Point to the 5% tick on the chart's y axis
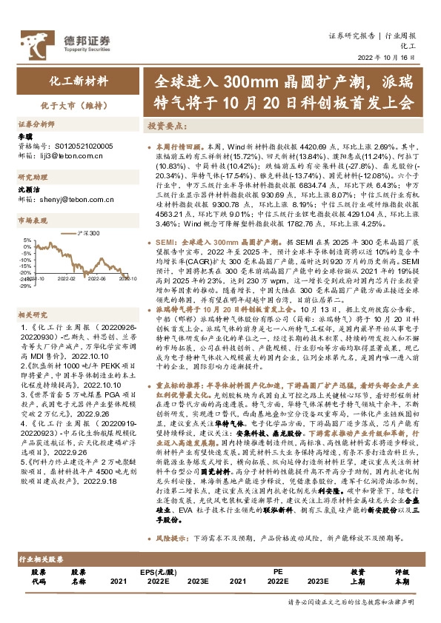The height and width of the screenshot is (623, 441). [27, 240]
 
